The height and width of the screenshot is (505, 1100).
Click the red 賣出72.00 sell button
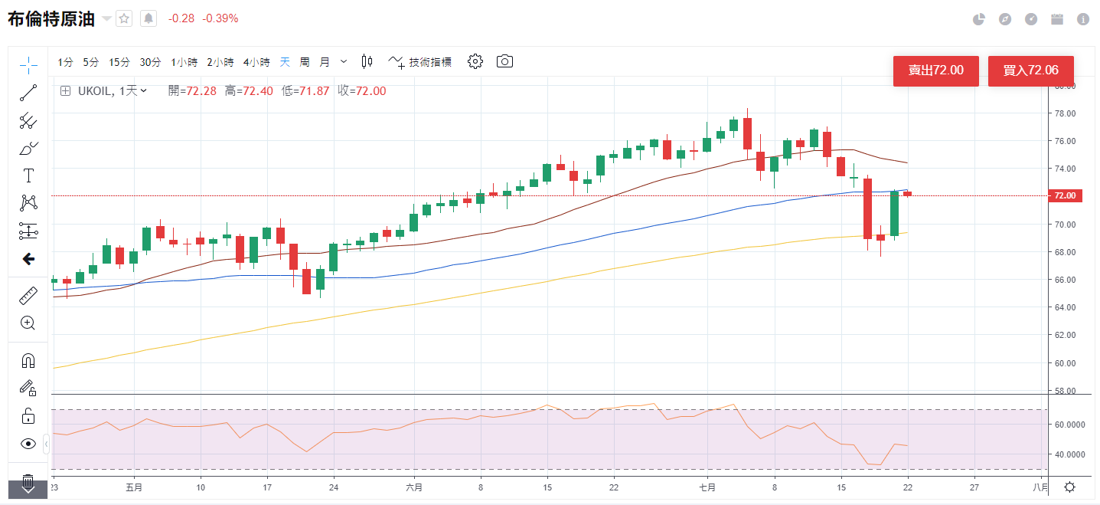[x=935, y=71]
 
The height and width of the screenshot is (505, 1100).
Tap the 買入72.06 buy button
[x=1030, y=71]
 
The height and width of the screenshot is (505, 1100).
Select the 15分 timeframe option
[x=119, y=62]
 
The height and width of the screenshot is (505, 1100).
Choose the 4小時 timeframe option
[x=256, y=62]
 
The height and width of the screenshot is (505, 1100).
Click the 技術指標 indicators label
[x=429, y=62]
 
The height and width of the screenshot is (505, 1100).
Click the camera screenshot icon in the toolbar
[x=504, y=61]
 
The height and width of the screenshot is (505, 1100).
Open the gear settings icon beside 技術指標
[x=475, y=61]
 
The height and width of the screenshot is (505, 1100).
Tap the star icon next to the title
[x=124, y=18]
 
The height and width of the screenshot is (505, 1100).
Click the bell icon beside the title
[x=148, y=18]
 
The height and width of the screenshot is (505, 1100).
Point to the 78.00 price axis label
[x=1066, y=113]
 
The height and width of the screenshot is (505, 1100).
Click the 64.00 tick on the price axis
[x=1066, y=307]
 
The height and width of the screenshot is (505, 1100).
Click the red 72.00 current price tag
[x=1066, y=196]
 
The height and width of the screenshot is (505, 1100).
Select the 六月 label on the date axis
[x=414, y=487]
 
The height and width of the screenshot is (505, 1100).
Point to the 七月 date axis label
[x=707, y=487]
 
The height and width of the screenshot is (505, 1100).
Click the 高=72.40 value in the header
[x=249, y=91]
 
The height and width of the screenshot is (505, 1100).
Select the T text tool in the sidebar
[x=28, y=175]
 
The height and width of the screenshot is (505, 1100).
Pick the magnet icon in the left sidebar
[x=28, y=360]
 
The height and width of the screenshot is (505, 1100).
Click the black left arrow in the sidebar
[x=28, y=259]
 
